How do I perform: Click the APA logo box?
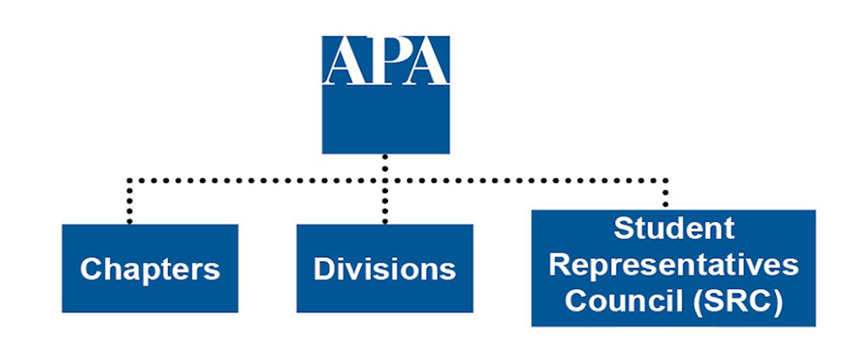click(386, 94)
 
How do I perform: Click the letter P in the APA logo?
click(385, 60)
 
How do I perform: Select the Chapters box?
click(150, 268)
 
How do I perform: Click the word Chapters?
click(150, 269)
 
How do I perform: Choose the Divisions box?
click(385, 268)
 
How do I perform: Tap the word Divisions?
click(385, 269)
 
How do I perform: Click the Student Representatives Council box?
click(673, 268)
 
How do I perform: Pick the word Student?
click(674, 229)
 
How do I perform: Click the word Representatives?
click(673, 266)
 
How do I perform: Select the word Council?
click(623, 301)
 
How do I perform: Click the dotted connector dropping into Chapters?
click(129, 201)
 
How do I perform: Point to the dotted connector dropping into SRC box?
click(665, 193)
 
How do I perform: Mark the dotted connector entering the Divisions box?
click(385, 202)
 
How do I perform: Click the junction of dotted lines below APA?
click(385, 180)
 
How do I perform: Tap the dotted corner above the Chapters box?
click(129, 180)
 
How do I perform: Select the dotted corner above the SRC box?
click(665, 180)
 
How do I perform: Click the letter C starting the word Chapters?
click(91, 269)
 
